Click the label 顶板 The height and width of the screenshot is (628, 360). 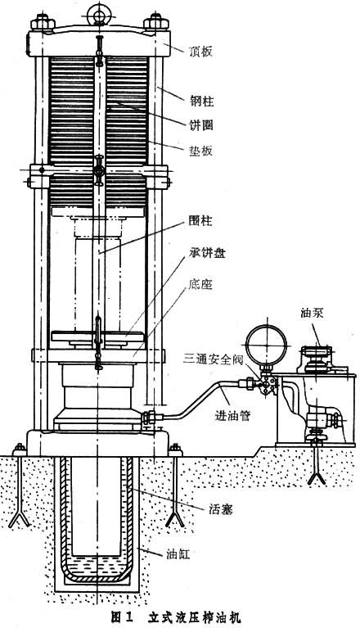[200, 52]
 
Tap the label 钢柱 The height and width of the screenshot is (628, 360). [201, 102]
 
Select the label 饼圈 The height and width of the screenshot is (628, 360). [201, 125]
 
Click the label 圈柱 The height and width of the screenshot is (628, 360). [200, 221]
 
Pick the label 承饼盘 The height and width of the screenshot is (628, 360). [206, 253]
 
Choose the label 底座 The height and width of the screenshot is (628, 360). [200, 284]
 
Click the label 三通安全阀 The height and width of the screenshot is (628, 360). [214, 359]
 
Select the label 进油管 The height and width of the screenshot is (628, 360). [232, 416]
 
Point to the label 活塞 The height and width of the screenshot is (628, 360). [220, 509]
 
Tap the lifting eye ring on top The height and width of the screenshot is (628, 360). [98, 14]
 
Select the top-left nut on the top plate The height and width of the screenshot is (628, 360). [43, 22]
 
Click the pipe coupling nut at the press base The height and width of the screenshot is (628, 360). [151, 417]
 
